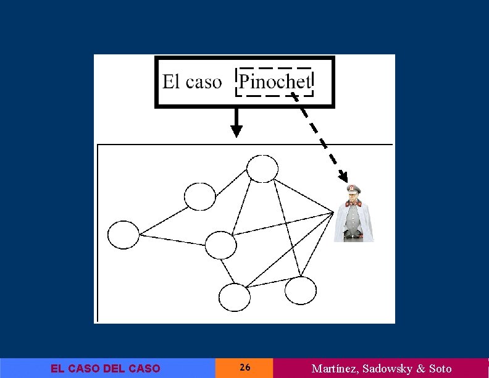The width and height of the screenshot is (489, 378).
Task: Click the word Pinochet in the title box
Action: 275,82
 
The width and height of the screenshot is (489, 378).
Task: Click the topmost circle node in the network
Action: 262,168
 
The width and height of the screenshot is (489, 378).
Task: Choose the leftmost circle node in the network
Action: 123,235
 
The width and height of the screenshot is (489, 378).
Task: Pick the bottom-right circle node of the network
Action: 301,290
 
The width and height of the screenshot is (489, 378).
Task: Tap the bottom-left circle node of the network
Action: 235,297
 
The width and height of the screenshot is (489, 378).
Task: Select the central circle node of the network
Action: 220,245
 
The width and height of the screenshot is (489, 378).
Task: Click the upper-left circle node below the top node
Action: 200,196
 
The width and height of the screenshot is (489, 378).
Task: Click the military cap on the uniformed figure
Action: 354,189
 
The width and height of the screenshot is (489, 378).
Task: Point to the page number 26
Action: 244,368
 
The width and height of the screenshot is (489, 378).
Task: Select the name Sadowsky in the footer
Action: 388,369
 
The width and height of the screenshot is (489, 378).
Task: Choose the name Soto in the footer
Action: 440,369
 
